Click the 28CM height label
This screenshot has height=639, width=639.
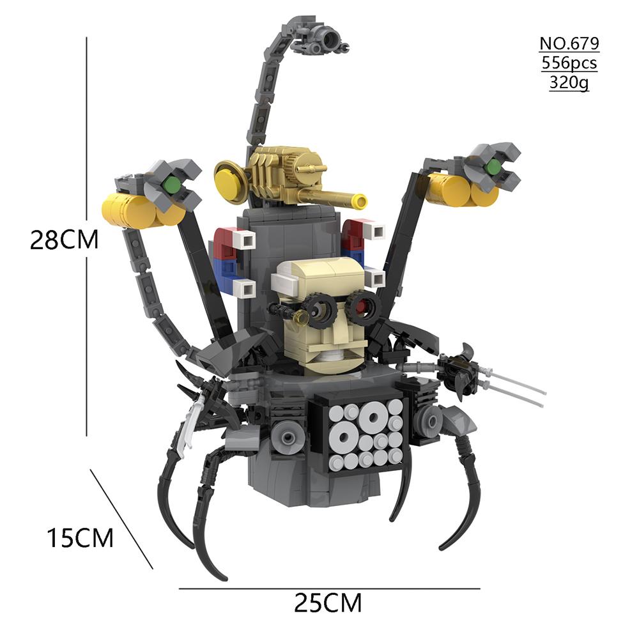[65, 240]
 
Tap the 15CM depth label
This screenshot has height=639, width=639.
[80, 538]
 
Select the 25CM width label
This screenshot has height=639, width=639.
[328, 603]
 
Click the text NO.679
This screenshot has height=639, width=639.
[569, 43]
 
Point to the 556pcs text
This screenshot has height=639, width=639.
[569, 63]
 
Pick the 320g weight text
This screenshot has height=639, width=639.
[569, 82]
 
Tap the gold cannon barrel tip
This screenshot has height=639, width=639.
[360, 201]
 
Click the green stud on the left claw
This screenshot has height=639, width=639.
[172, 186]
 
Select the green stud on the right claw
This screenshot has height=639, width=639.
[493, 166]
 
